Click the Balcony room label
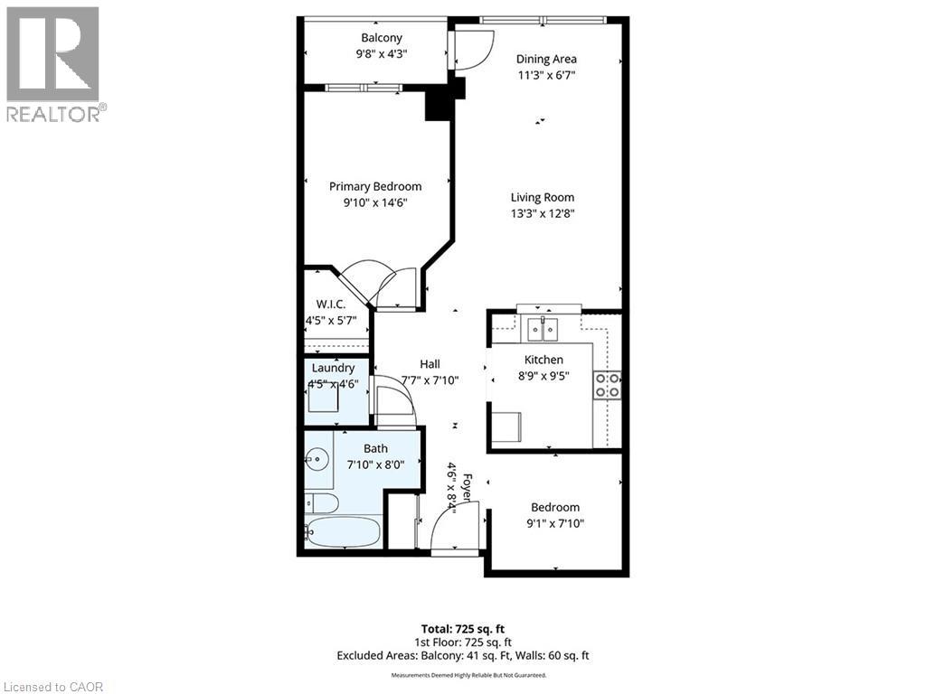pyautogui.click(x=381, y=38)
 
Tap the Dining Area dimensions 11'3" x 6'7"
pyautogui.click(x=546, y=76)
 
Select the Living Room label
pyautogui.click(x=543, y=197)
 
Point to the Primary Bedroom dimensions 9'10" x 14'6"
pyautogui.click(x=375, y=202)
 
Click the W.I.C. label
pyautogui.click(x=331, y=305)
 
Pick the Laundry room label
pyautogui.click(x=334, y=368)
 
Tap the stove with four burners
pyautogui.click(x=608, y=385)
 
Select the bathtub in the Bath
pyautogui.click(x=342, y=532)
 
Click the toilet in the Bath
pyautogui.click(x=321, y=502)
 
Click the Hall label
pyautogui.click(x=430, y=363)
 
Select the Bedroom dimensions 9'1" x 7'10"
pyautogui.click(x=555, y=523)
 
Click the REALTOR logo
pyautogui.click(x=54, y=63)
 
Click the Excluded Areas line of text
pyautogui.click(x=462, y=655)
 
